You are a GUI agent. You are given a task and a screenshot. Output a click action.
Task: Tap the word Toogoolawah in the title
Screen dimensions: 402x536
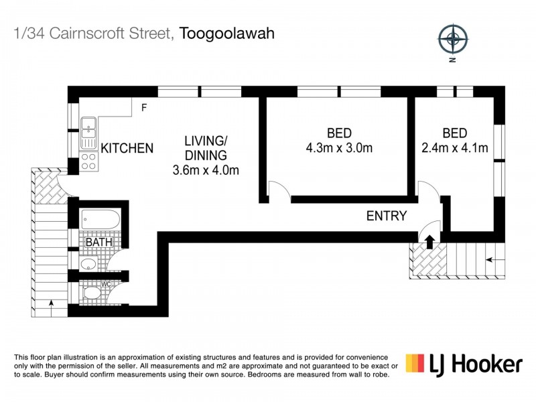[x=228, y=33]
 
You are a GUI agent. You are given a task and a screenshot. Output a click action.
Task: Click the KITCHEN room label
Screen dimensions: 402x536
[x=127, y=148]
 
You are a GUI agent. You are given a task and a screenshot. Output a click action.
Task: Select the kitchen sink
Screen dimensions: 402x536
[x=88, y=133]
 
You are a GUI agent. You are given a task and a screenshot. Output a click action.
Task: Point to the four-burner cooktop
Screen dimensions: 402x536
[x=88, y=161]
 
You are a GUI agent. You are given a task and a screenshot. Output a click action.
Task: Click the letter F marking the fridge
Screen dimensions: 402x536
[x=144, y=107]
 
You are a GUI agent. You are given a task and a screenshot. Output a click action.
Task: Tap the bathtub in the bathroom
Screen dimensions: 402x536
[x=100, y=219]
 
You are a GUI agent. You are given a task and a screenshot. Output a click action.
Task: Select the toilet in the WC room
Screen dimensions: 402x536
[x=92, y=293]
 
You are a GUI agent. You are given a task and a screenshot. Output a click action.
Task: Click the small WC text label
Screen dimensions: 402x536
[x=105, y=284]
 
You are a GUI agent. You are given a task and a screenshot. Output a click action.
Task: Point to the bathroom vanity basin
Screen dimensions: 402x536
[x=88, y=264]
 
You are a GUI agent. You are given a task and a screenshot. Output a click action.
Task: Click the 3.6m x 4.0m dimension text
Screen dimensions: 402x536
[x=206, y=170]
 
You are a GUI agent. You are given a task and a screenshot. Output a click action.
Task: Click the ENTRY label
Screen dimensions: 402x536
[x=387, y=216]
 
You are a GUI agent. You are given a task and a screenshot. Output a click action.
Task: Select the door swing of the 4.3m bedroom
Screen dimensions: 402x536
[x=280, y=190]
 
